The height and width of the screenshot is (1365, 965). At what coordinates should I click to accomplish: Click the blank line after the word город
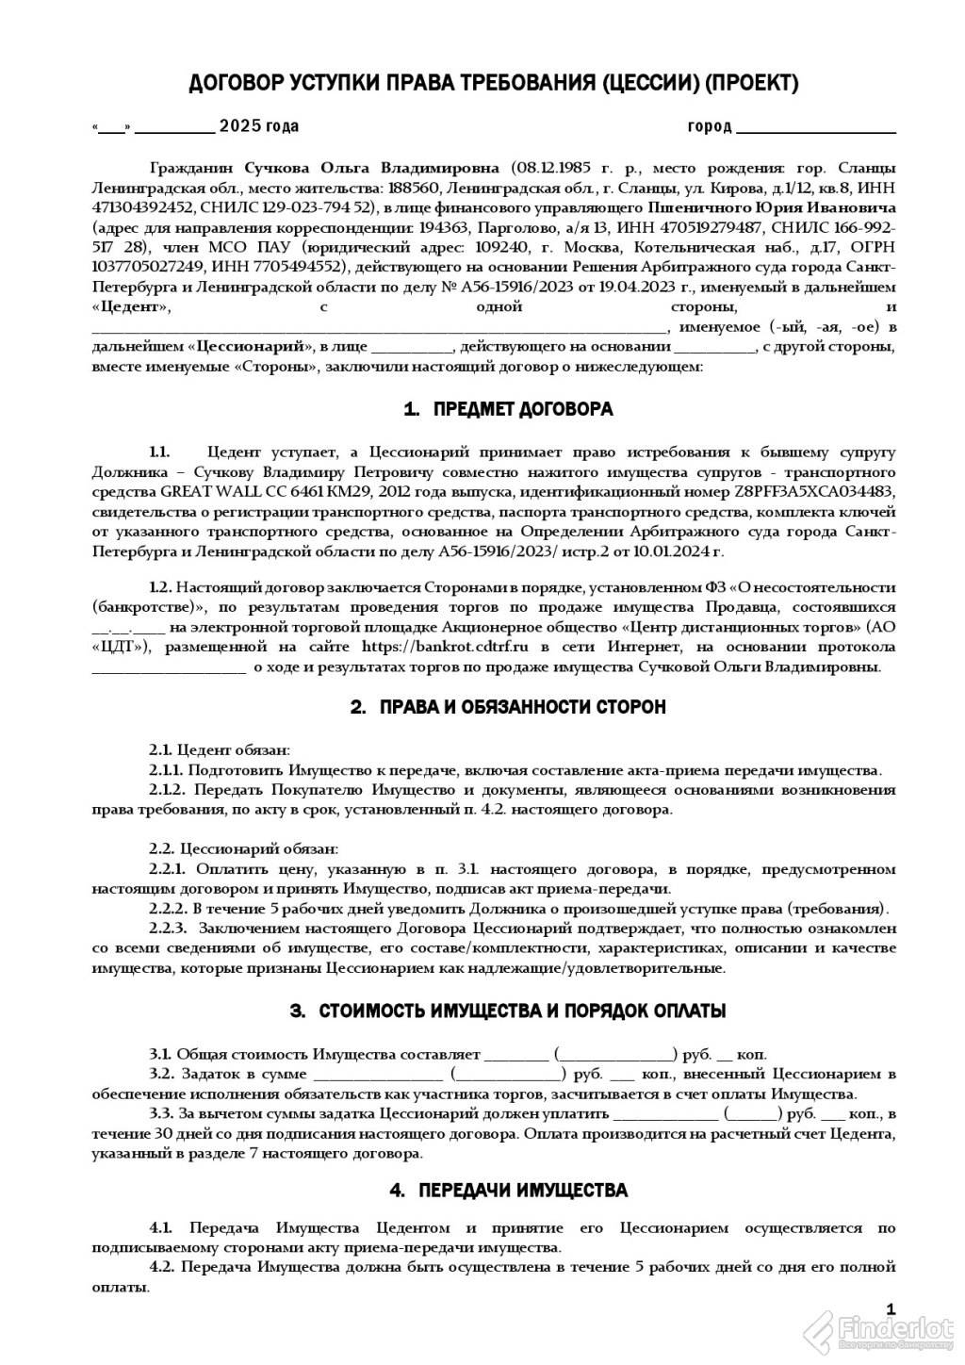(815, 126)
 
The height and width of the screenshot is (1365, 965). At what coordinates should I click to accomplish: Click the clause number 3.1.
(159, 1054)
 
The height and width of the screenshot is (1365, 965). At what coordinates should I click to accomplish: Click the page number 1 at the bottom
(891, 1308)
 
